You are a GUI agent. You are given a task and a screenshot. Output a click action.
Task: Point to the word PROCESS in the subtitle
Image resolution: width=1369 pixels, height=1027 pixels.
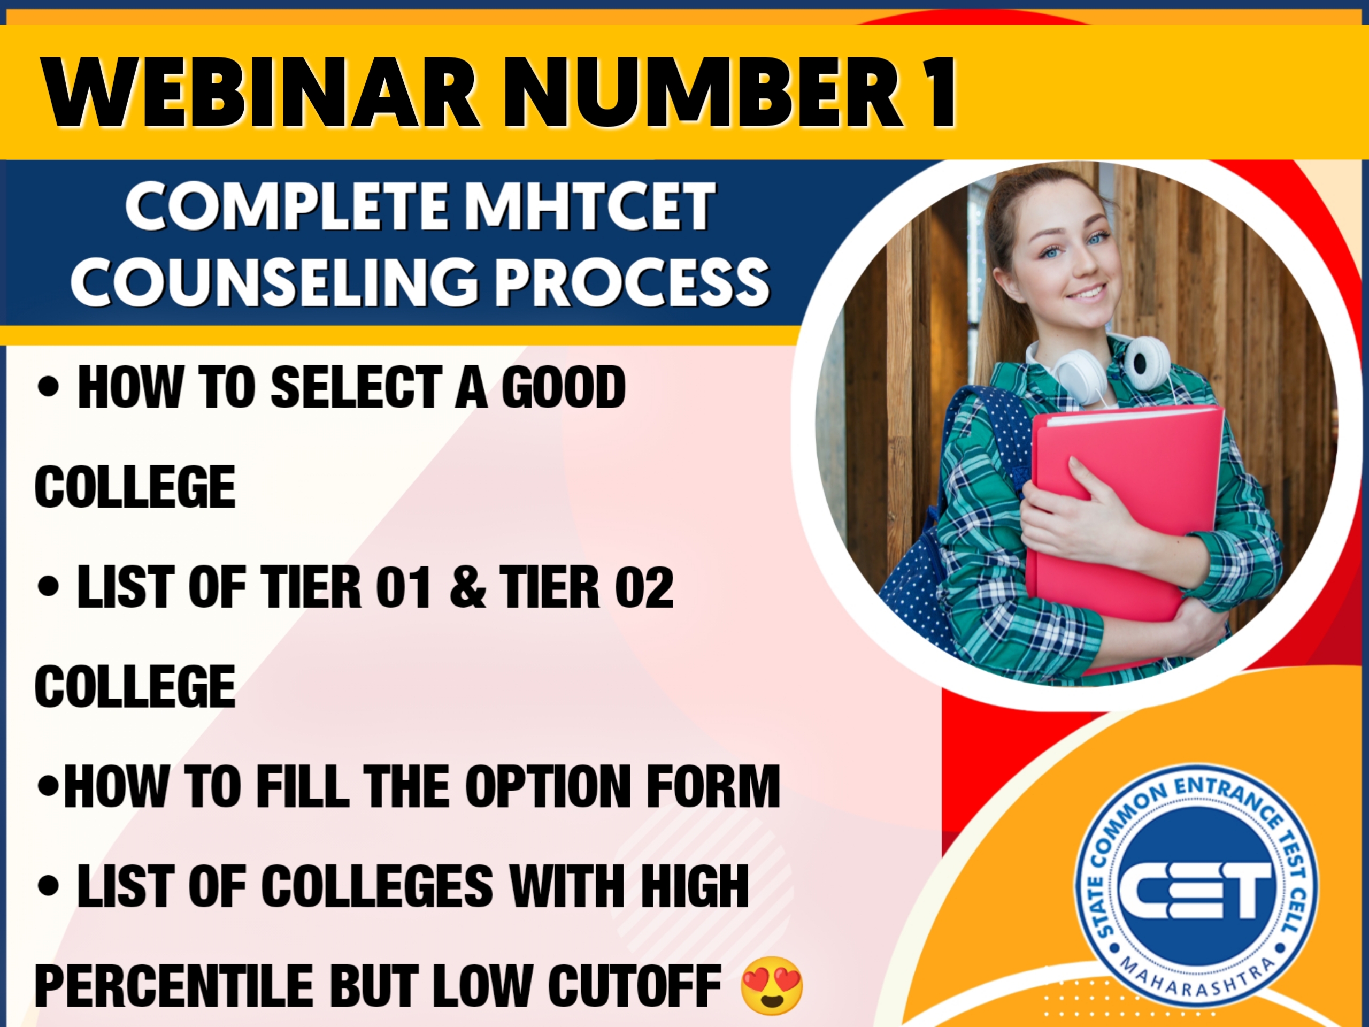pos(631,282)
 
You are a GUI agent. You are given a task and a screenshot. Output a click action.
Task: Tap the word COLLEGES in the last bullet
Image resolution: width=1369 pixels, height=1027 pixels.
pos(378,886)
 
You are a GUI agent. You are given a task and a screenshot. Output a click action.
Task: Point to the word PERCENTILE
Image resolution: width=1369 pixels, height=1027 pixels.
pos(174,985)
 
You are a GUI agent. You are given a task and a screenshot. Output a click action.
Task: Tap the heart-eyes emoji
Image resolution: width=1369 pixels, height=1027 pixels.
pos(771,985)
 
